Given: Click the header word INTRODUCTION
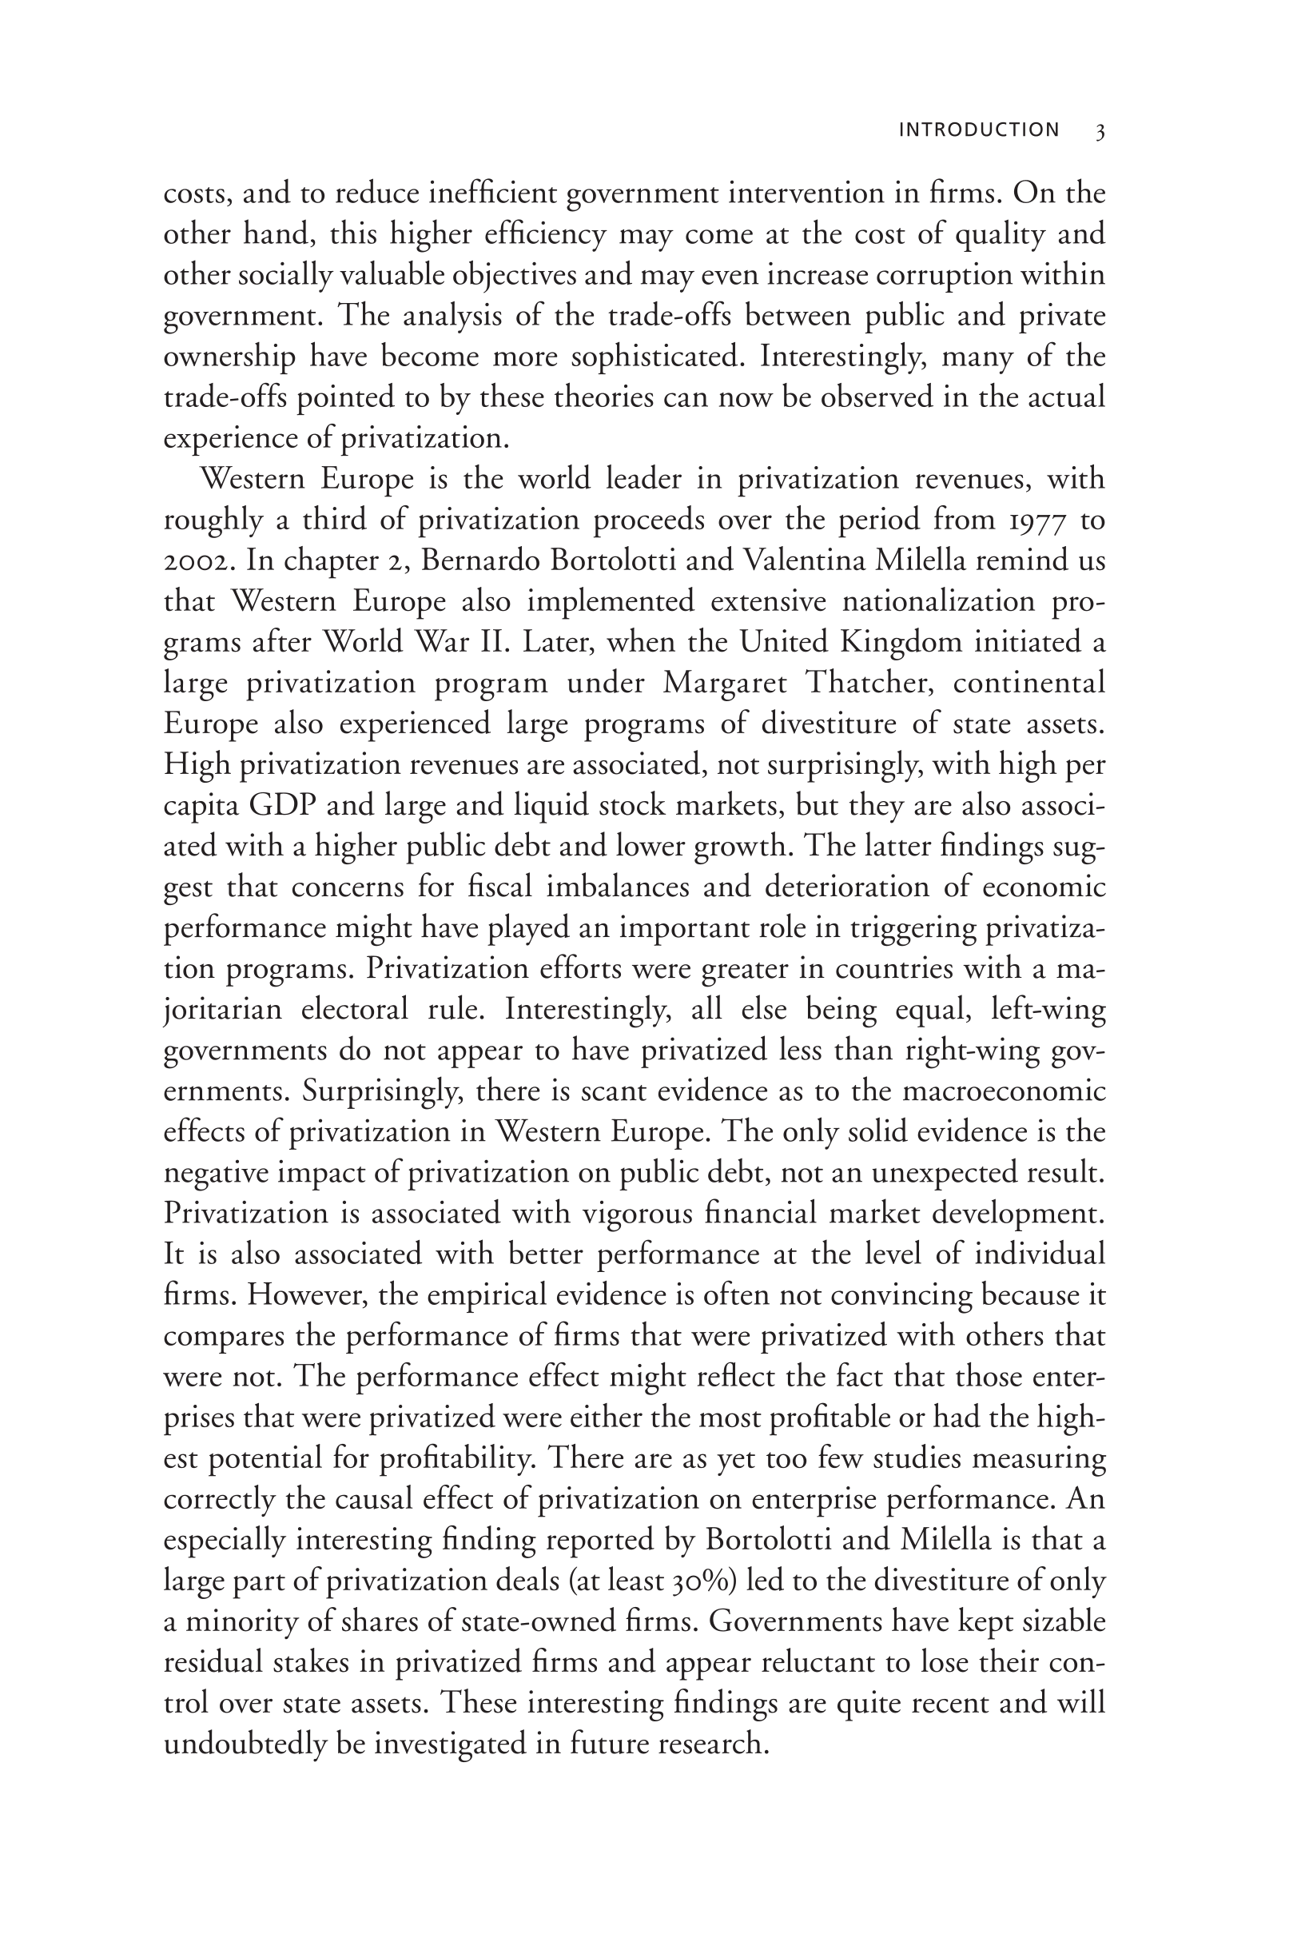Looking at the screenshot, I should click(979, 130).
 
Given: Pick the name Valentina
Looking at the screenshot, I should click(799, 560).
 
